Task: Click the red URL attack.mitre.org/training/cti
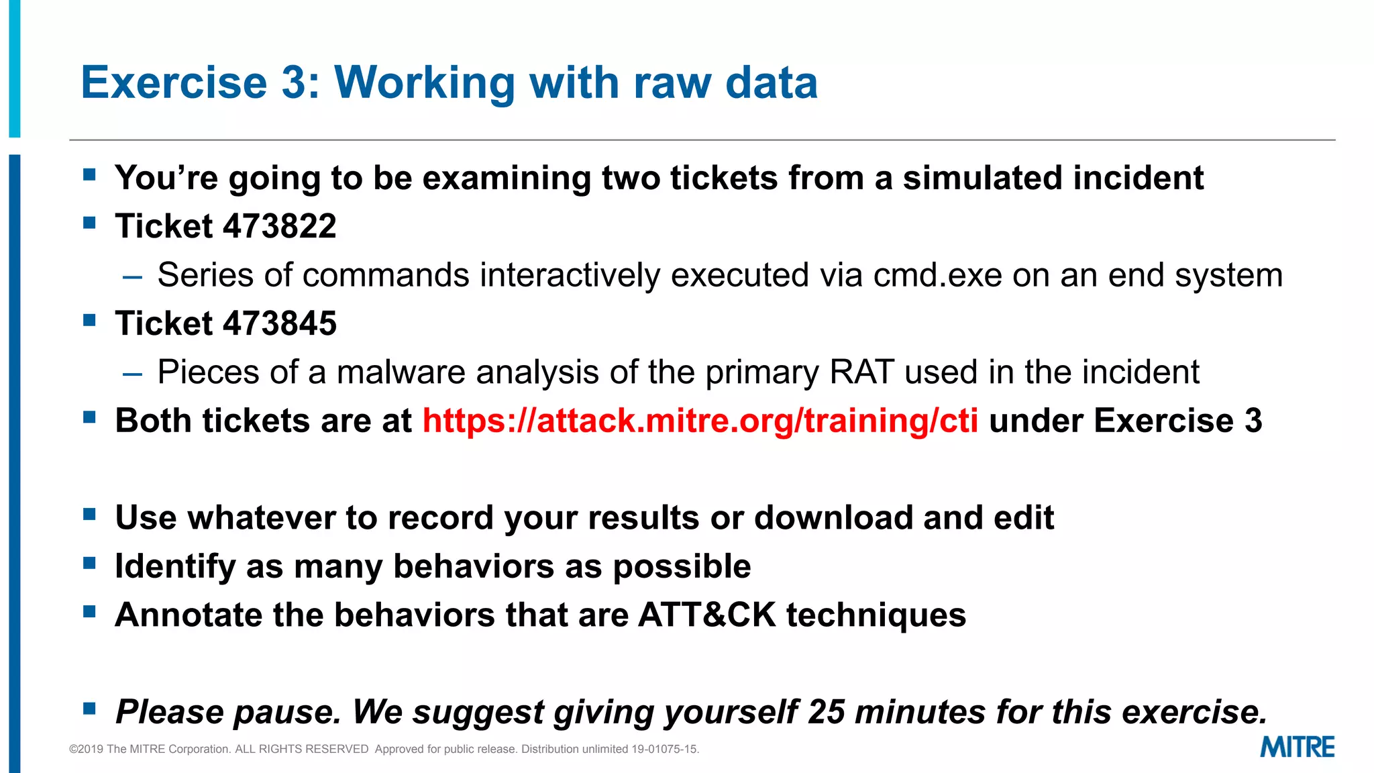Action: click(700, 421)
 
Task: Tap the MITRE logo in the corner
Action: click(1297, 747)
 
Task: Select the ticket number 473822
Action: click(280, 226)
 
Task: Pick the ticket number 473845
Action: click(280, 323)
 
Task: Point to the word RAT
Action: click(862, 372)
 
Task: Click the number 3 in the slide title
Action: click(294, 83)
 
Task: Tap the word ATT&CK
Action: click(707, 615)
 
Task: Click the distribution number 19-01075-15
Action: click(664, 749)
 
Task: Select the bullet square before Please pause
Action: click(89, 708)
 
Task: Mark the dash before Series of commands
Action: click(133, 276)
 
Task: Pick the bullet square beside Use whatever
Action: click(89, 514)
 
